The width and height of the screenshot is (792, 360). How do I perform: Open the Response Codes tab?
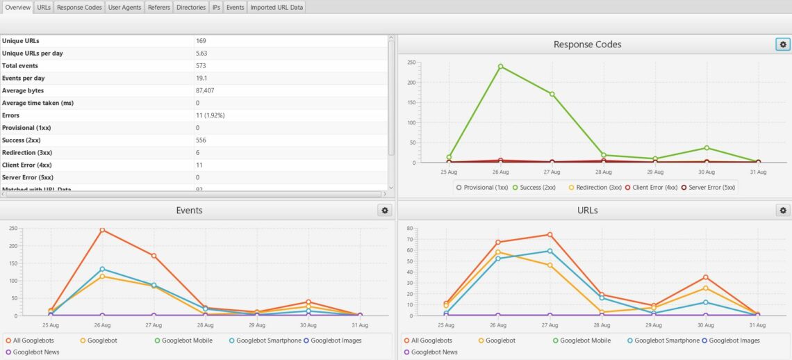[79, 8]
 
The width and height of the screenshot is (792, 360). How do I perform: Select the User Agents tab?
[124, 8]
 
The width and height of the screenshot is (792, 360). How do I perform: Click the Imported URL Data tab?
[277, 8]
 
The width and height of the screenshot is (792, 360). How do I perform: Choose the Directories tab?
[191, 8]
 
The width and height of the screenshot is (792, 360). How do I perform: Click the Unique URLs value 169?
[201, 41]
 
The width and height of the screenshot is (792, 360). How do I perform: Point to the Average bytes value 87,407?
[204, 90]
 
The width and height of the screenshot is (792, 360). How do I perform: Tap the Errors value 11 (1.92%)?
[210, 115]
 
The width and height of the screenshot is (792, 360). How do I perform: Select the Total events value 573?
[201, 66]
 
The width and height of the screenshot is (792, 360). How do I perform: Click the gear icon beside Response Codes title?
[783, 44]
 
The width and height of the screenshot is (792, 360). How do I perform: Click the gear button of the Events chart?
[384, 211]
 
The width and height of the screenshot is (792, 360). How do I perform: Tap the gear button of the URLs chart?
[783, 211]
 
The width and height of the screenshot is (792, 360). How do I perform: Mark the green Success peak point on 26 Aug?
[500, 66]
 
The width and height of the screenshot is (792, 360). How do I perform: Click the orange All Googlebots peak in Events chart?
[103, 230]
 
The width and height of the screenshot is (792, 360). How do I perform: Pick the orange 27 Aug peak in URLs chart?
[550, 235]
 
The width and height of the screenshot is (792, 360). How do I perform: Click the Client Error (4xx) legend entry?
[651, 188]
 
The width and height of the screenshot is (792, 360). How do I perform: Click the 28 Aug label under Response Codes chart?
[603, 172]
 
